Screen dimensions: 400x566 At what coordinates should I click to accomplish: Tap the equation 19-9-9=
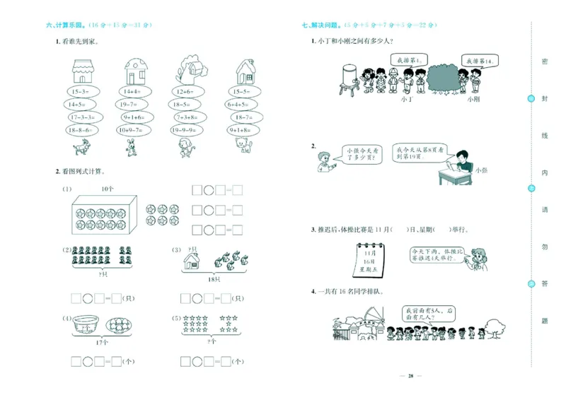click(x=185, y=130)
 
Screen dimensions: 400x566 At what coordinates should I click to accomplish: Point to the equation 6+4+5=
click(x=241, y=105)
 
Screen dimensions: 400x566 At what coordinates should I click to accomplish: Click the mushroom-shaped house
click(x=135, y=71)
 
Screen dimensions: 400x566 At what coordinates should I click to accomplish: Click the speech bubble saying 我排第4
click(x=405, y=61)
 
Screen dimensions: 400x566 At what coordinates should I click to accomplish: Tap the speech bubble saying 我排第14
click(x=479, y=61)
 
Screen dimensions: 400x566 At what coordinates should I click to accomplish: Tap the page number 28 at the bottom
click(x=410, y=375)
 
